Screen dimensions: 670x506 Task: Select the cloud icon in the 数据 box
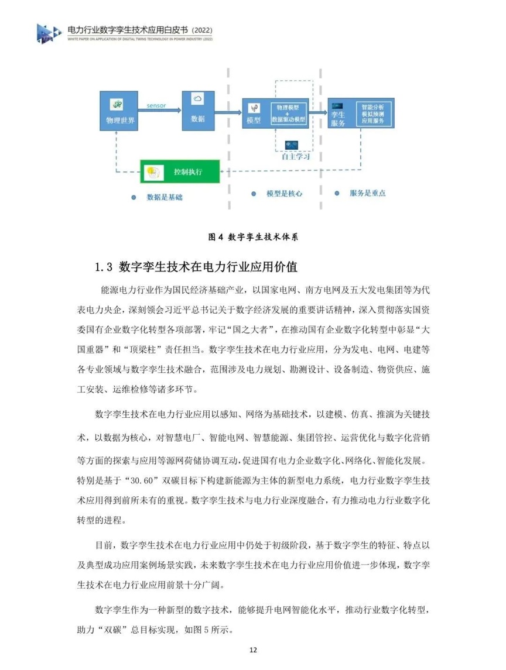point(197,99)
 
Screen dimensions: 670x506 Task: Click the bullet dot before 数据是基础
point(134,197)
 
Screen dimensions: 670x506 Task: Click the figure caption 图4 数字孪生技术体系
point(253,236)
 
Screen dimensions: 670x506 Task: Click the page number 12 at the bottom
point(253,650)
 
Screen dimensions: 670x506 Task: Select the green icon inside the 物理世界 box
point(118,104)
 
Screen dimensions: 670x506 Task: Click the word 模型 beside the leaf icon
point(254,121)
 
